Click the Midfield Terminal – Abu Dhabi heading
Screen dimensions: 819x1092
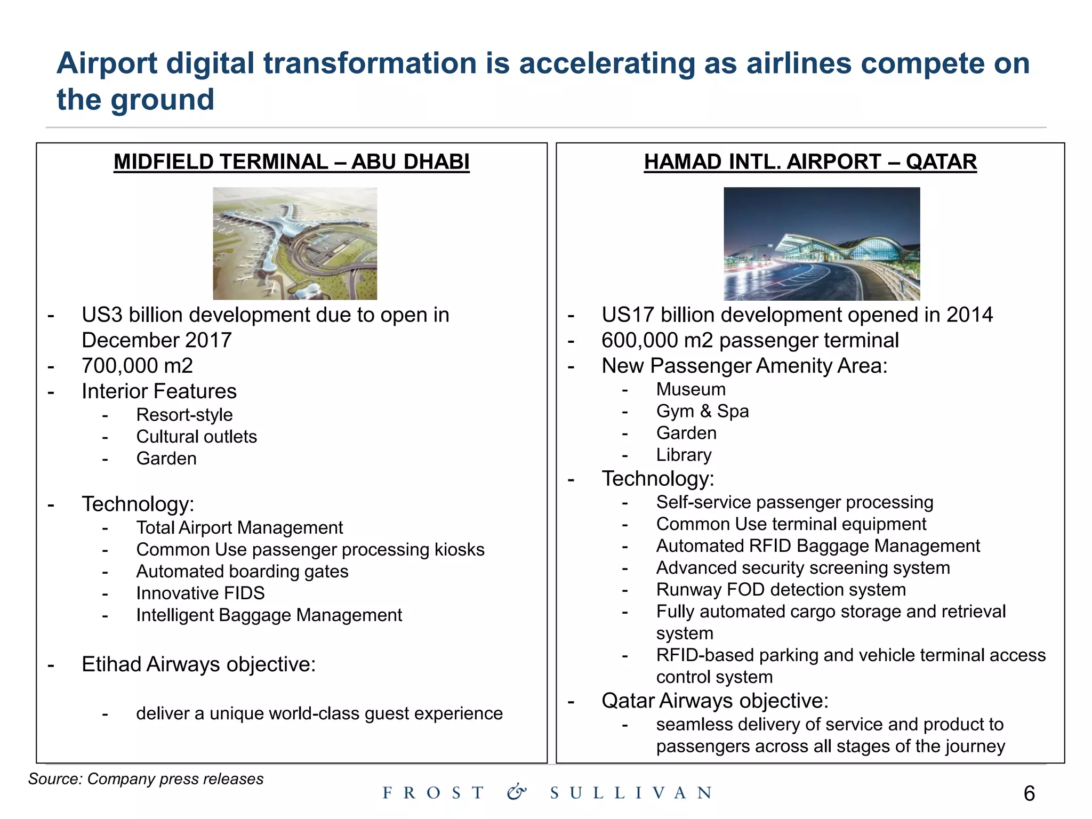291,162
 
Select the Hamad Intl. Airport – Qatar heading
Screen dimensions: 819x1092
810,162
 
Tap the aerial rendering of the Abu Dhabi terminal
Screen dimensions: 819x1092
295,243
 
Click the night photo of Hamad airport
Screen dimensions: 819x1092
821,244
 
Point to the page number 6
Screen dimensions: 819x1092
1029,793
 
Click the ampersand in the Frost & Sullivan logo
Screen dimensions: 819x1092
516,792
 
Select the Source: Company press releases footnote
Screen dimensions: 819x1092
146,779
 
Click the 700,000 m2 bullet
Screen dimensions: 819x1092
137,366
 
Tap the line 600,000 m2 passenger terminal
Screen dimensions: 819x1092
750,340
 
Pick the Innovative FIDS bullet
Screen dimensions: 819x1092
200,593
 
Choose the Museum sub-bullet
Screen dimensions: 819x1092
690,389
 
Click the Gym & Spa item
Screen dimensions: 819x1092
702,411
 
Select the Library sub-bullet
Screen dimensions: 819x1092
684,455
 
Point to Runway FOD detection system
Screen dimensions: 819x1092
781,590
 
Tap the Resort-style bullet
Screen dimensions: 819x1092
184,415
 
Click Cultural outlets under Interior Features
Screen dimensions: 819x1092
196,437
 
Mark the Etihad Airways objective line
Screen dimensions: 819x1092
198,664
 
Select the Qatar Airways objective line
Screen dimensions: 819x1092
714,701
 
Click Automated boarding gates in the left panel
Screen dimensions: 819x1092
242,572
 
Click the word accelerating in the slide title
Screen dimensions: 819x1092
607,63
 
